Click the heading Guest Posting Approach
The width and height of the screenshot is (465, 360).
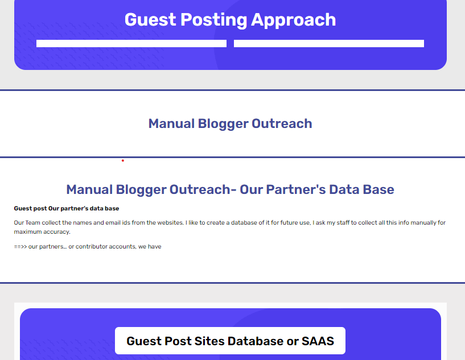tap(230, 20)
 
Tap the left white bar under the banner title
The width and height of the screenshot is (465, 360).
tap(131, 44)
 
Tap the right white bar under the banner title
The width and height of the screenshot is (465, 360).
tap(329, 44)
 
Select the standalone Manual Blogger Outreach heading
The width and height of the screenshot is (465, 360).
tap(230, 123)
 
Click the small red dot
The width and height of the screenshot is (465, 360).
tap(123, 160)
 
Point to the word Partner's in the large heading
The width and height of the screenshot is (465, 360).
tap(295, 189)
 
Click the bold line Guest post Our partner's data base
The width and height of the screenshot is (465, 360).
tap(67, 209)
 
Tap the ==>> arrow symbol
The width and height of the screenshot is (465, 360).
tap(20, 247)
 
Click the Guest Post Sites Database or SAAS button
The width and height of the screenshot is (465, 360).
tap(230, 341)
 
